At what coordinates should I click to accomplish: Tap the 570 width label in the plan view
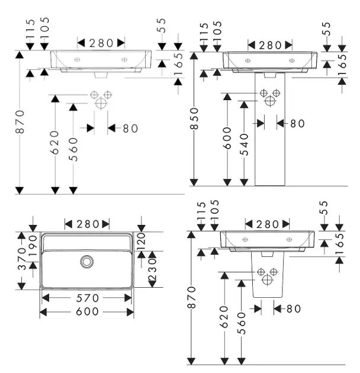(x=86, y=298)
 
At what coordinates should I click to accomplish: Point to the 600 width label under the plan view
(x=86, y=313)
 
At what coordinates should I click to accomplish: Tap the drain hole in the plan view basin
(x=87, y=260)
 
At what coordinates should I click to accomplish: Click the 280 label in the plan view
(x=87, y=224)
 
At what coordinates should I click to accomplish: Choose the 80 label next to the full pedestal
(x=297, y=123)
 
